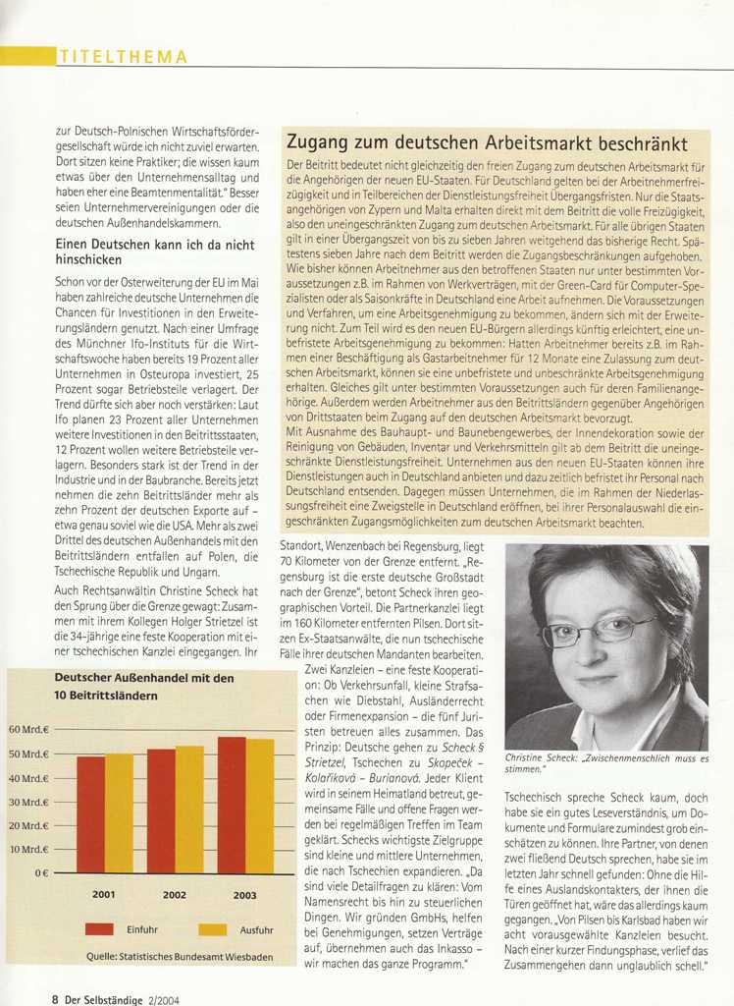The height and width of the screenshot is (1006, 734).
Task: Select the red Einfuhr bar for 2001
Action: coord(90,814)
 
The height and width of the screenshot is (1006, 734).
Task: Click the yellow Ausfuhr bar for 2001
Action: coord(119,812)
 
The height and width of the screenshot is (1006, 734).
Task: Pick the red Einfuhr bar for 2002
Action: coord(161,810)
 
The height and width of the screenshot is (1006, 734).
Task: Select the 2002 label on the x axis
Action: coord(175,895)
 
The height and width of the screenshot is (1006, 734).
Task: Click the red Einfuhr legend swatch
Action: coord(102,928)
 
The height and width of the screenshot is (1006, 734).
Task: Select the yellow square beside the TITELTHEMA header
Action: coord(26,57)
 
